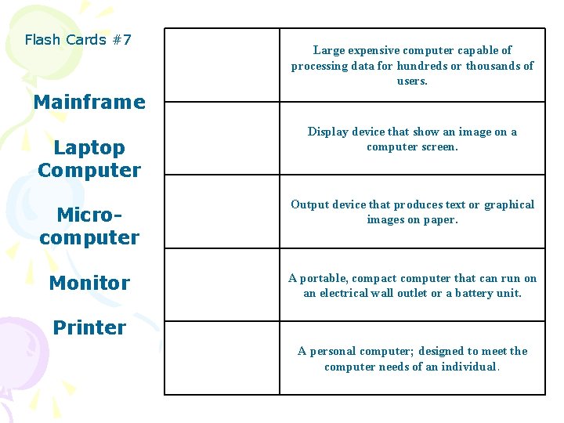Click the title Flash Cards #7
coord(78,39)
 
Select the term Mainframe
coord(89,102)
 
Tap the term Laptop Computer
coord(89,158)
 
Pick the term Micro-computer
coord(89,226)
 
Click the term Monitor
coord(89,283)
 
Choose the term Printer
coord(89,327)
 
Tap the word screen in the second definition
coord(438,147)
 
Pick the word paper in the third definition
coord(439,220)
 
